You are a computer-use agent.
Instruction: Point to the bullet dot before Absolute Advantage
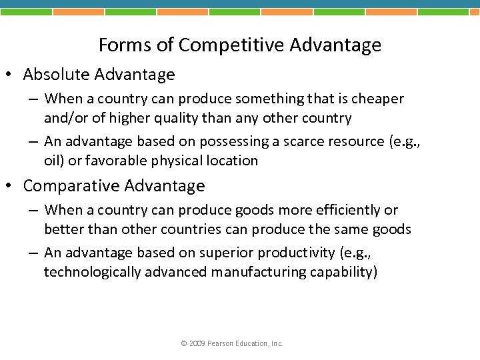[14, 75]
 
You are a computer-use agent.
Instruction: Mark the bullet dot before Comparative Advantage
[14, 187]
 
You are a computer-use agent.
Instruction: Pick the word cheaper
[377, 99]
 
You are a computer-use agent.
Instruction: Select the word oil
[53, 161]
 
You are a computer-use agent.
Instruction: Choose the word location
[233, 161]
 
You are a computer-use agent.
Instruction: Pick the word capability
[343, 272]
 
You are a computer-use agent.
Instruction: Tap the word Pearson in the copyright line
[221, 343]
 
